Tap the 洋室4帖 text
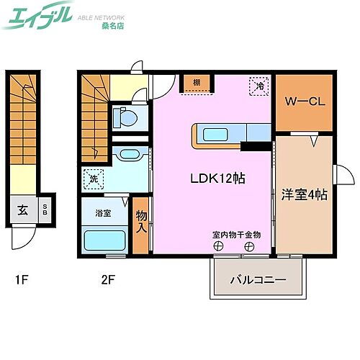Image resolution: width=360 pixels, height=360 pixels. click(302, 194)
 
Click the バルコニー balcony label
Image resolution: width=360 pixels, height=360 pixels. click(258, 279)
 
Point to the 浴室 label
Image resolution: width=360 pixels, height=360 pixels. click(103, 213)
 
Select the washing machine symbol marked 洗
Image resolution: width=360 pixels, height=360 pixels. click(93, 179)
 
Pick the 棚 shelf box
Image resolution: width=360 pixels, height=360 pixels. click(197, 83)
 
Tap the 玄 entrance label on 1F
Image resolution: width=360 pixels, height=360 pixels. click(22, 211)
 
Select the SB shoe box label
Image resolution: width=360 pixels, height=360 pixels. click(45, 210)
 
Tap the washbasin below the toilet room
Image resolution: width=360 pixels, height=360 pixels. click(129, 153)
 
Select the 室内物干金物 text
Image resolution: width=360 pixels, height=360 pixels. click(235, 234)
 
